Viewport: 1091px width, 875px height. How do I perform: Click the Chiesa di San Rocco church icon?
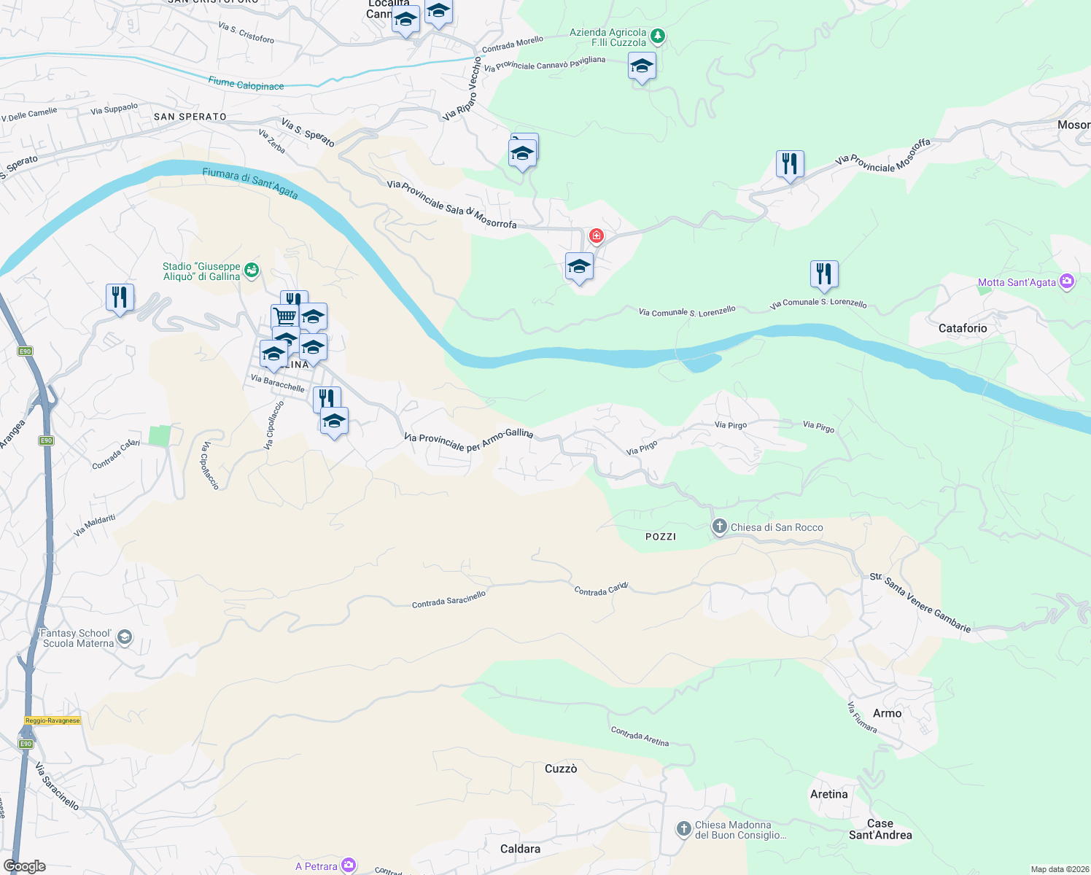pyautogui.click(x=719, y=527)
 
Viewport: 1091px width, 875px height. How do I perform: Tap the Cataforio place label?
pyautogui.click(x=962, y=328)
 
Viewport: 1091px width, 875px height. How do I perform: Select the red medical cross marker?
pyautogui.click(x=597, y=236)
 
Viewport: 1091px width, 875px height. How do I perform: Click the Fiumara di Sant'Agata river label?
pyautogui.click(x=250, y=182)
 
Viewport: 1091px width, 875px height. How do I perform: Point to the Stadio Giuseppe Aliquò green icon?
pyautogui.click(x=252, y=271)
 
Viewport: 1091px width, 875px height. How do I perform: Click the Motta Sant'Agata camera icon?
pyautogui.click(x=1067, y=281)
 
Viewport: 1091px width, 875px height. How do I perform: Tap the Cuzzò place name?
pyautogui.click(x=561, y=769)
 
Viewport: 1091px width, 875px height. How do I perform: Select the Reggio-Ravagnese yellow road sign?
pyautogui.click(x=53, y=720)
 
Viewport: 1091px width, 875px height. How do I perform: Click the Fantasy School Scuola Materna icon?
pyautogui.click(x=125, y=638)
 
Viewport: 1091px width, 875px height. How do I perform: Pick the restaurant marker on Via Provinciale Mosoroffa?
pyautogui.click(x=790, y=165)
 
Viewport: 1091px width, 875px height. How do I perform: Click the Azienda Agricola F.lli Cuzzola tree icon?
pyautogui.click(x=658, y=36)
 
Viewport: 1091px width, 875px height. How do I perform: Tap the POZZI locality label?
pyautogui.click(x=661, y=537)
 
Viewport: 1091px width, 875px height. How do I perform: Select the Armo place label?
pyautogui.click(x=887, y=713)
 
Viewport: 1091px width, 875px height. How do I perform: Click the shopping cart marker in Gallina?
pyautogui.click(x=284, y=316)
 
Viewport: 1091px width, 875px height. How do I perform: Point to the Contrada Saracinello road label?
pyautogui.click(x=449, y=599)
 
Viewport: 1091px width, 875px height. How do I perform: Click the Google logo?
pyautogui.click(x=24, y=866)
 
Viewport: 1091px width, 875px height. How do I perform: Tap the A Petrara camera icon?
pyautogui.click(x=349, y=866)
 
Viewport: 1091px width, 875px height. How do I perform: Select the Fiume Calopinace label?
pyautogui.click(x=246, y=84)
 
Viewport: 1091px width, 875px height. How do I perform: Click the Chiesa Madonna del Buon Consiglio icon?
pyautogui.click(x=683, y=828)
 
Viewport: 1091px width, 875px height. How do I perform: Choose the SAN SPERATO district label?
pyautogui.click(x=190, y=117)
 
